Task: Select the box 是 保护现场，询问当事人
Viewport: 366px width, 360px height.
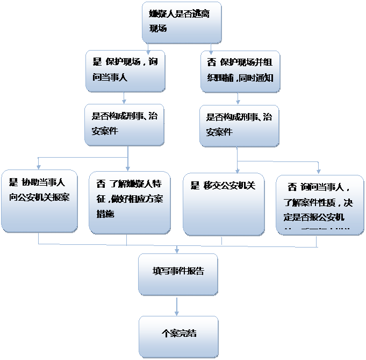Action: pyautogui.click(x=125, y=70)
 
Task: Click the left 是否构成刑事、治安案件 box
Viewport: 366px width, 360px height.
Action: pyautogui.click(x=125, y=124)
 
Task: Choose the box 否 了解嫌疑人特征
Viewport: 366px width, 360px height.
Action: pyautogui.click(x=129, y=201)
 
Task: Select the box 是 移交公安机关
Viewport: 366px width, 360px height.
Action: pyautogui.click(x=224, y=203)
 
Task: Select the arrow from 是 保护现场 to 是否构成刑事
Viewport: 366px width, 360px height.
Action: pyautogui.click(x=124, y=97)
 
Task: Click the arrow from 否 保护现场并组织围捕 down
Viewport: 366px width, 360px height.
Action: pyautogui.click(x=238, y=98)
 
